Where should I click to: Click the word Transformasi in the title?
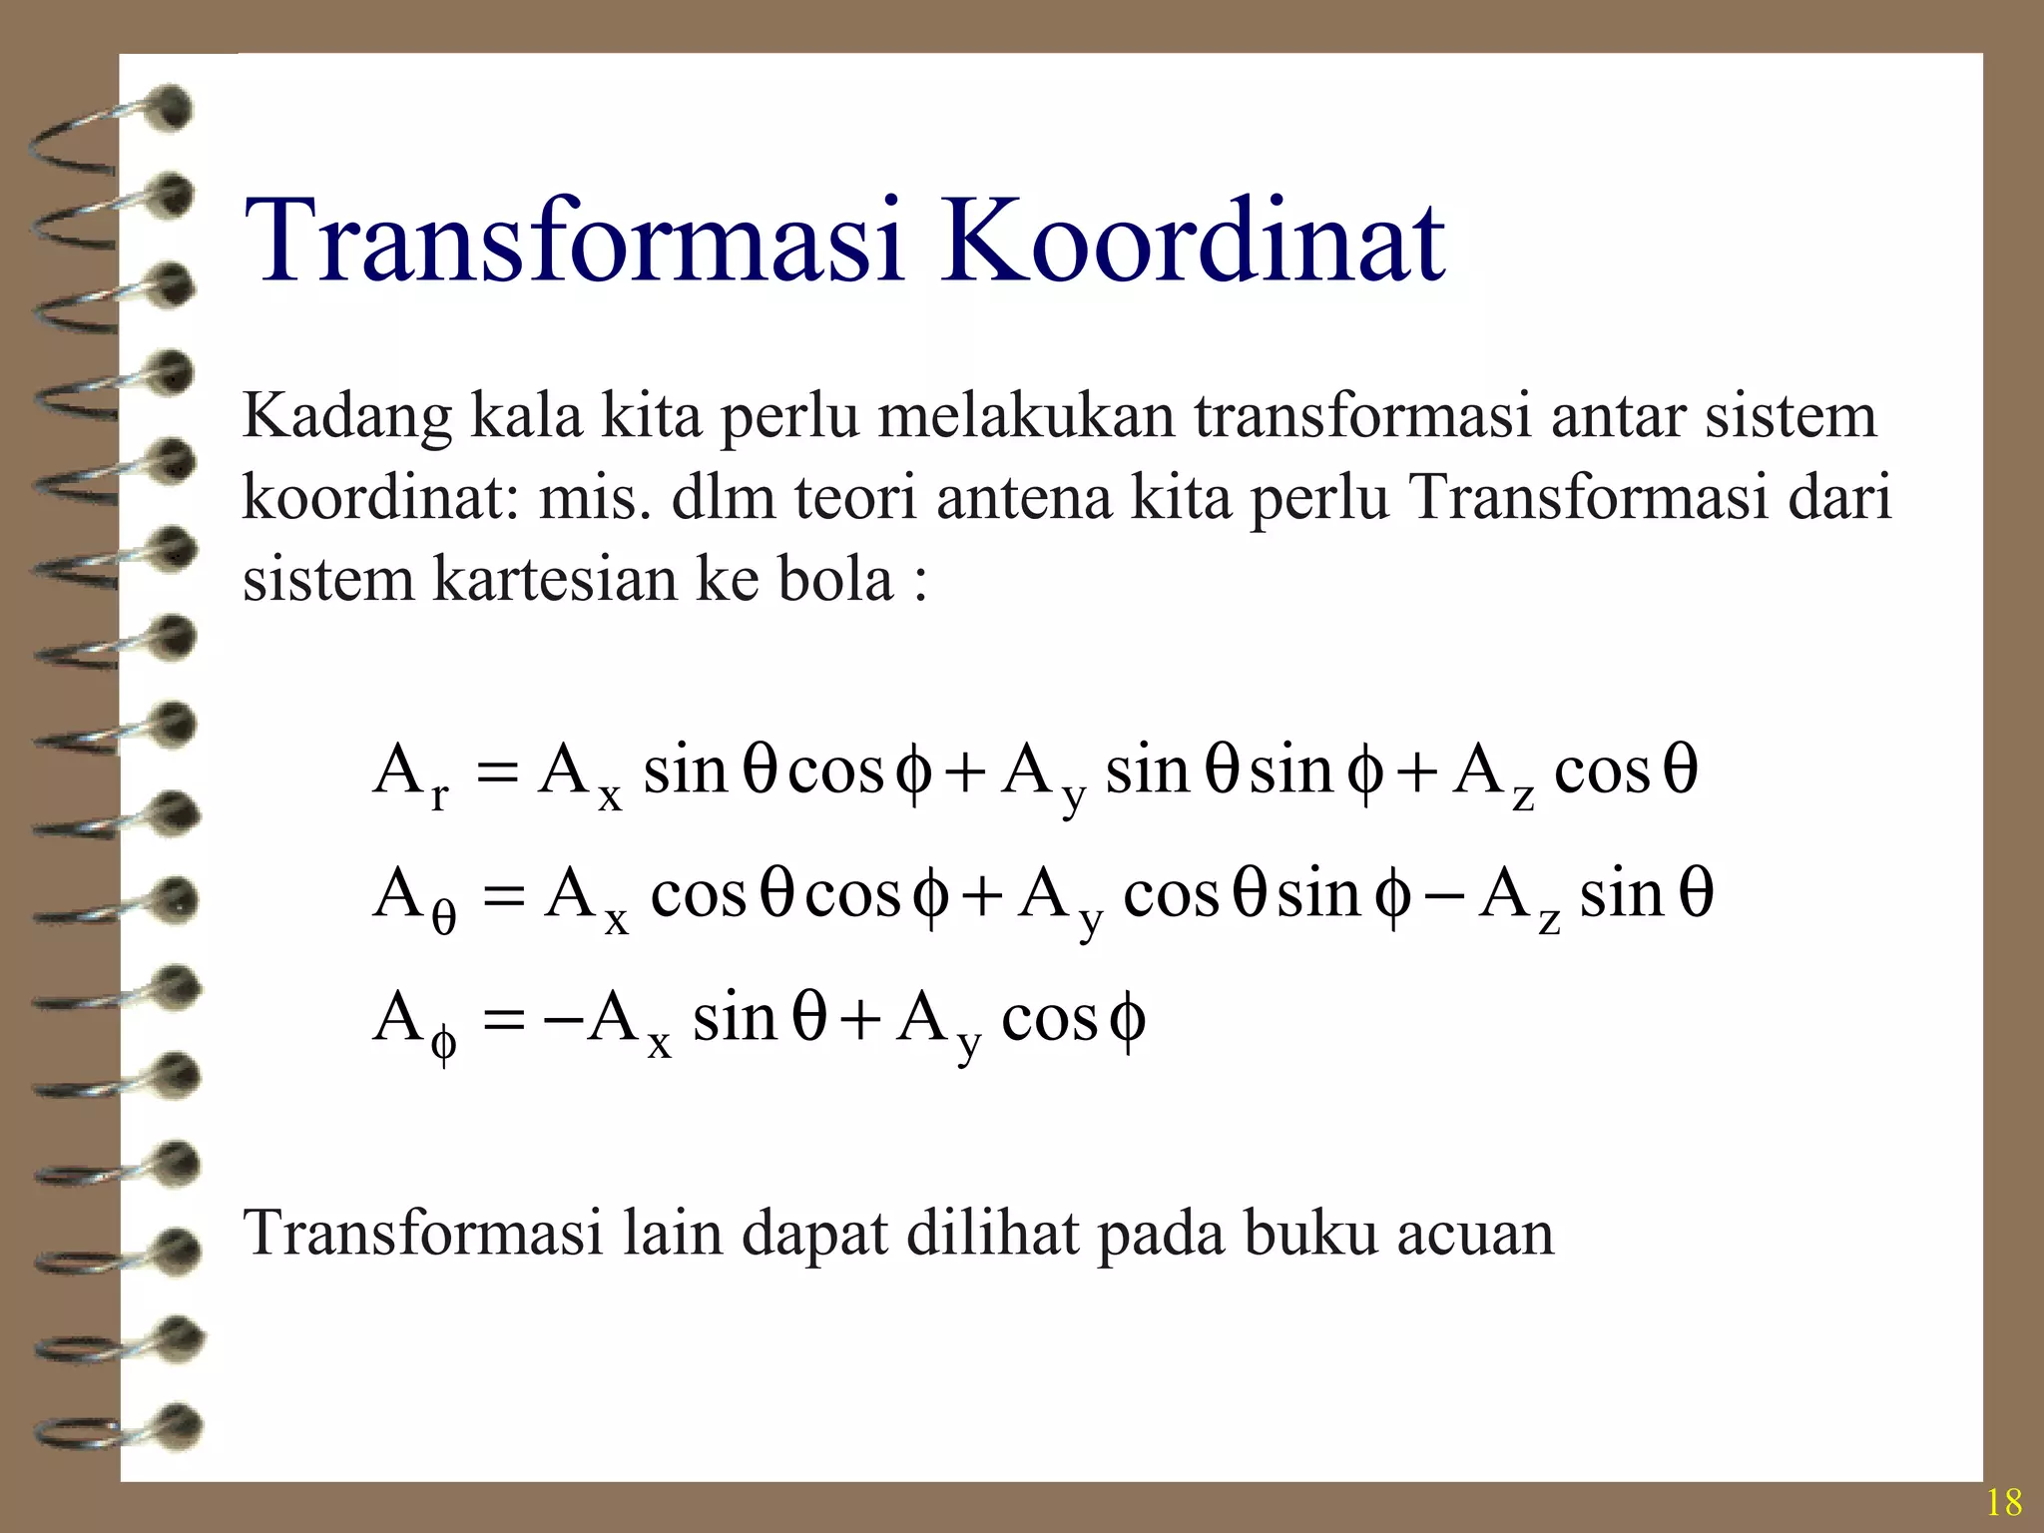(574, 241)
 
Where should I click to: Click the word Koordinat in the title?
(1192, 241)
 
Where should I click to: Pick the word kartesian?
(553, 579)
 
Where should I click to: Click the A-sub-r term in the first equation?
(410, 776)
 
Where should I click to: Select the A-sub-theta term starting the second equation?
(413, 898)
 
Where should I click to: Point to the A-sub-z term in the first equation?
(1493, 776)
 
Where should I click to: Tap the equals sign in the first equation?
(498, 772)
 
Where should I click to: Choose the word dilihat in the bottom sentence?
(993, 1234)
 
